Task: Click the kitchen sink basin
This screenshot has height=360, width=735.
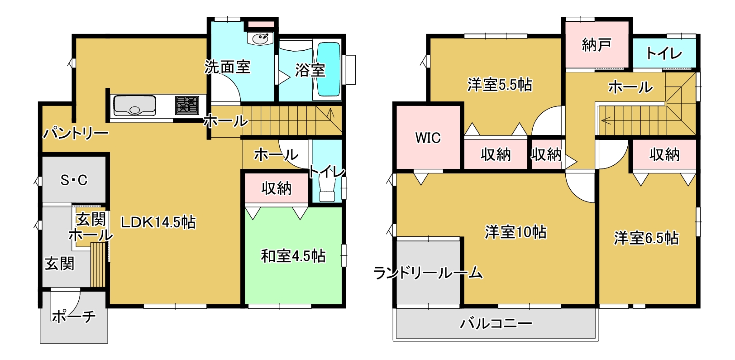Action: click(134, 106)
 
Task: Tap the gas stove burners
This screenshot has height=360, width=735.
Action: click(187, 105)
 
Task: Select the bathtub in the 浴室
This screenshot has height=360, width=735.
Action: click(329, 69)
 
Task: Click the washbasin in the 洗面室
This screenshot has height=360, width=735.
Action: click(260, 38)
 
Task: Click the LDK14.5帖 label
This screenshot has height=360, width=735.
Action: click(158, 222)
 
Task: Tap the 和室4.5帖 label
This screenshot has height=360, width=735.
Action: click(293, 256)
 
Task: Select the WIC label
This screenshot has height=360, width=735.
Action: click(428, 138)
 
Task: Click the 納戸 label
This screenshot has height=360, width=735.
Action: click(597, 45)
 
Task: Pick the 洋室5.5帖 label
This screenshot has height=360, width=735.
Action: click(500, 85)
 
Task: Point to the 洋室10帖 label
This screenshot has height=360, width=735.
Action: click(515, 232)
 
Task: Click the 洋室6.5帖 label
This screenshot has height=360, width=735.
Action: click(646, 238)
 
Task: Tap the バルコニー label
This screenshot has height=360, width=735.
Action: click(496, 324)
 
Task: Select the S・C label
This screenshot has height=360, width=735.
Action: click(74, 180)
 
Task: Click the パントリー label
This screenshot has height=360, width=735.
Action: click(76, 133)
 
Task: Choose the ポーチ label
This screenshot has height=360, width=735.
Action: click(73, 317)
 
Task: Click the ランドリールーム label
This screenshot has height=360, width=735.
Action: click(428, 273)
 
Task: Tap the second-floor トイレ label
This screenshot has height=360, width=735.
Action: click(664, 54)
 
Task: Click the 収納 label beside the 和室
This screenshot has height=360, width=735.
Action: click(276, 188)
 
